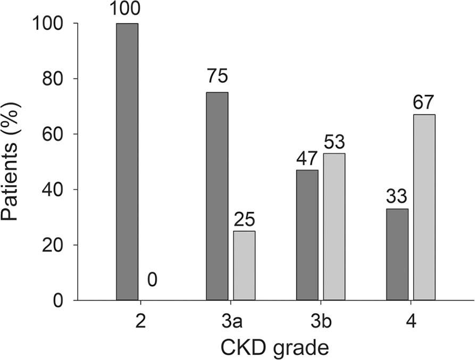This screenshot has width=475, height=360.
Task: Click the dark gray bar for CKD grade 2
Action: click(127, 162)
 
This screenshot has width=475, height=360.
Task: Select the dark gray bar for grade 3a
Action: click(217, 196)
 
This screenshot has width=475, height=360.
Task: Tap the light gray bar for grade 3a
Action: click(244, 265)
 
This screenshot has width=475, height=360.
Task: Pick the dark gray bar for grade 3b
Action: click(307, 235)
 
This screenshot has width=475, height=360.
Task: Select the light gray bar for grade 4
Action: click(424, 207)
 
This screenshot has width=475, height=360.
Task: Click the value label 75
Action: click(217, 77)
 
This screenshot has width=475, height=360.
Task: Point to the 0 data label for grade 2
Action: click(152, 280)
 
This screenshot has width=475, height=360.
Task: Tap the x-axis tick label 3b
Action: click(320, 323)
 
